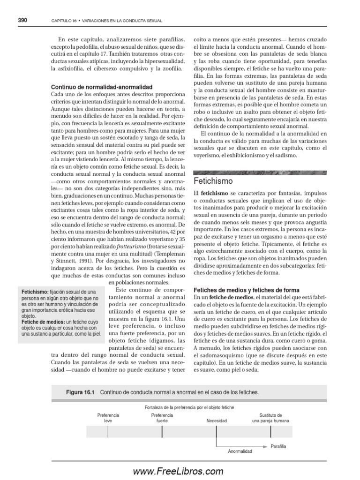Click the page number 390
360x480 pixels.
pyautogui.click(x=22, y=20)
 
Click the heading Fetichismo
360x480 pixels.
pyautogui.click(x=213, y=180)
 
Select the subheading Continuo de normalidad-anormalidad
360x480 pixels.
pyautogui.click(x=101, y=87)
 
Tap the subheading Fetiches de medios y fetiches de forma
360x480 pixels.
pyautogui.click(x=247, y=290)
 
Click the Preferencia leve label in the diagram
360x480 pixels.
pyautogui.click(x=108, y=418)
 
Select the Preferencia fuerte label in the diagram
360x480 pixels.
pyautogui.click(x=162, y=418)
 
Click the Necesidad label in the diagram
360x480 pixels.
pyautogui.click(x=216, y=421)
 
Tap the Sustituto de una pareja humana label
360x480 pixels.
pyautogui.click(x=270, y=418)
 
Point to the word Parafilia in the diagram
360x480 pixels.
pyautogui.click(x=278, y=446)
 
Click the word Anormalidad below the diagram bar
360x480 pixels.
pyautogui.click(x=240, y=451)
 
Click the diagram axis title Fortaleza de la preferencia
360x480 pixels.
pyautogui.click(x=189, y=407)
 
